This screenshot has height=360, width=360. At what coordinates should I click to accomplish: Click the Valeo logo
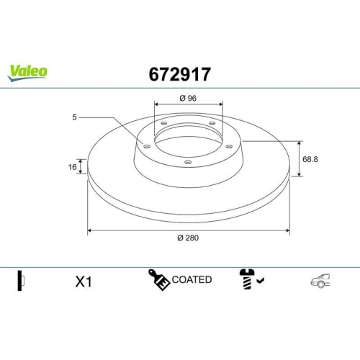pos(28,71)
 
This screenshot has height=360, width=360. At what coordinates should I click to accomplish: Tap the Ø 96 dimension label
pos(188,99)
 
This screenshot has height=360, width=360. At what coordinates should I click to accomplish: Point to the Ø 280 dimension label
pos(189,239)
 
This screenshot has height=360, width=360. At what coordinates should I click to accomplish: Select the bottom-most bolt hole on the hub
pos(188,162)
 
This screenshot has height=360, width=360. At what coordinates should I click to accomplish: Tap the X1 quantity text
pos(84,282)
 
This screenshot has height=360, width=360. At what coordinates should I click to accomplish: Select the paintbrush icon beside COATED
pos(158,279)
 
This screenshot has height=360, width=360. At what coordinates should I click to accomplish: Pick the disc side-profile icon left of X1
pos(21,280)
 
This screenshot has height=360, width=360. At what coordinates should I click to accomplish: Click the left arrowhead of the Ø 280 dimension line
pos(89,231)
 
